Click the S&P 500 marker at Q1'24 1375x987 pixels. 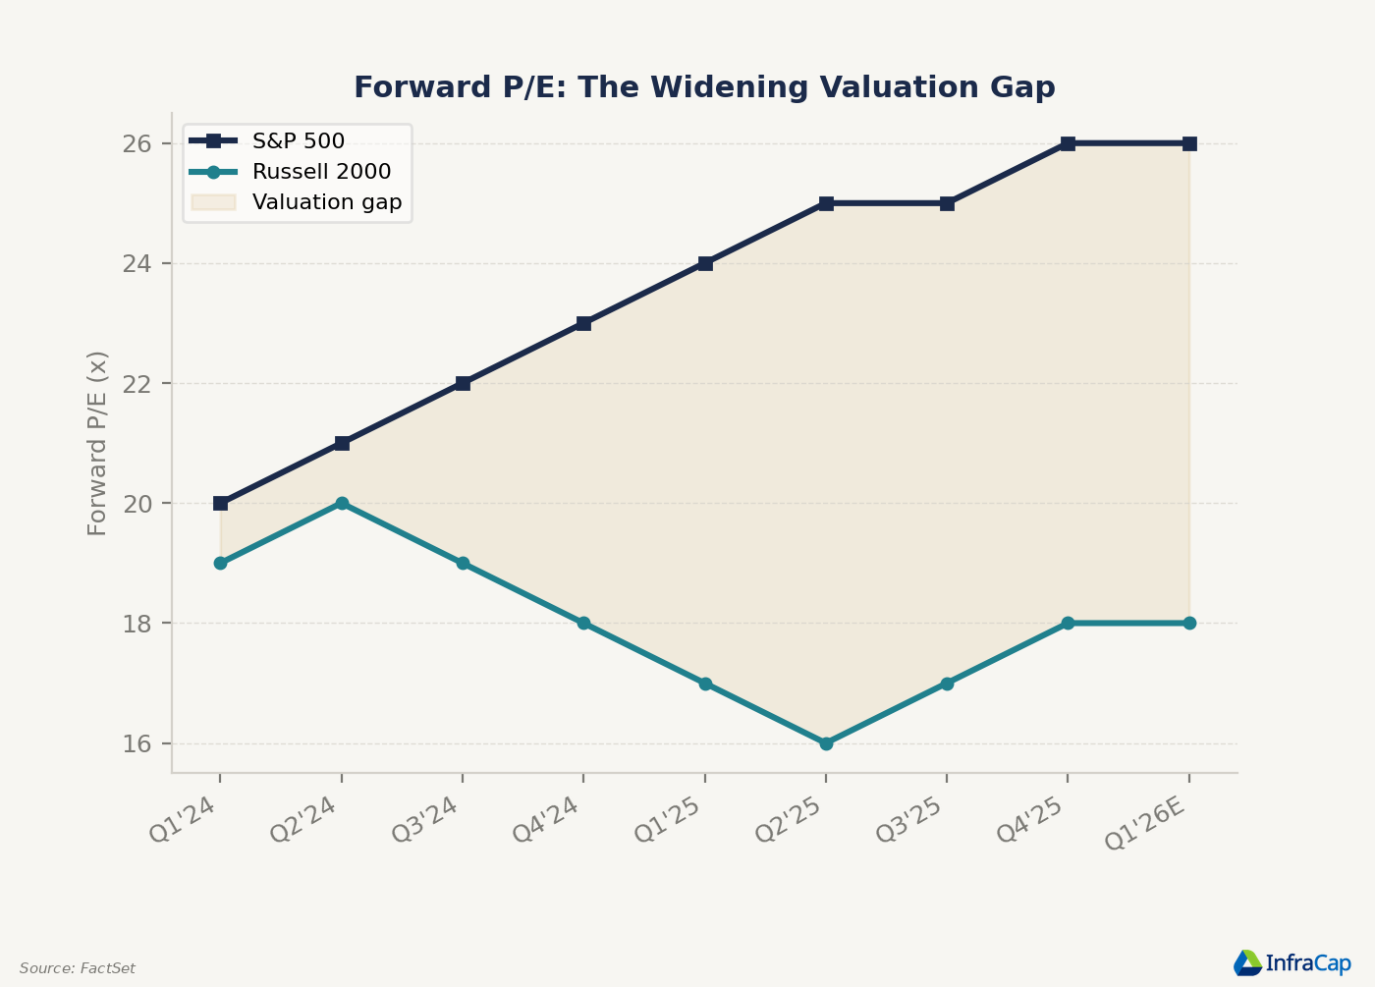point(220,503)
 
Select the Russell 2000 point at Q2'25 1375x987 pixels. point(826,743)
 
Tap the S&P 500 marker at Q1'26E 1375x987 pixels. point(1189,143)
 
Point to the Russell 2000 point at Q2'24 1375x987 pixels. point(342,503)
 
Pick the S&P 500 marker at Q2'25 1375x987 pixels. point(826,204)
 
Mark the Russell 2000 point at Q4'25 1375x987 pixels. point(1069,623)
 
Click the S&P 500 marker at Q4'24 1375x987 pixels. point(583,323)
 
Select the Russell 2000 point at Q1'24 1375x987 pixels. point(220,563)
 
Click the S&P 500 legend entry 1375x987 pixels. point(267,141)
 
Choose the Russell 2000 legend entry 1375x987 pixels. point(290,172)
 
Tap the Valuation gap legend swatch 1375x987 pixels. point(213,202)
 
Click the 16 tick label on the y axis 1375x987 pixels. point(137,743)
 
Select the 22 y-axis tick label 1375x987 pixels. point(137,384)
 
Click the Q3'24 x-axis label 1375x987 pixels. point(424,819)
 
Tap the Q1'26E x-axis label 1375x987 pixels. point(1144,824)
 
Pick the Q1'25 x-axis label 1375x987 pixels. point(667,819)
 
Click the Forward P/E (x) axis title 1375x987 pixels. point(97,443)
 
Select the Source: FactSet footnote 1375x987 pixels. point(78,968)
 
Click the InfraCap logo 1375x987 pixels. point(1292,963)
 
